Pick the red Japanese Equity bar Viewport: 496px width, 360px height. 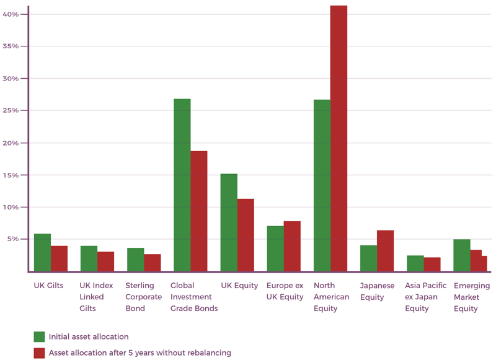click(385, 250)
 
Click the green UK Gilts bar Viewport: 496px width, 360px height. click(42, 252)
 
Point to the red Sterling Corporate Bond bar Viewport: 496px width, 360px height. click(153, 262)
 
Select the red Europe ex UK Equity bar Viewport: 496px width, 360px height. click(292, 246)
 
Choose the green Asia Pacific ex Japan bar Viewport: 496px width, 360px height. click(415, 263)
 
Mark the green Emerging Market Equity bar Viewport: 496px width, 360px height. click(461, 255)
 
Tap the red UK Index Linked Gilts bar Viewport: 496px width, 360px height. click(105, 261)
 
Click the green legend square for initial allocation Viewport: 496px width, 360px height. click(39, 337)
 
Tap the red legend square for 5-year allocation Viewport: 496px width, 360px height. click(39, 353)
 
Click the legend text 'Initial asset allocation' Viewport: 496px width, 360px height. click(89, 337)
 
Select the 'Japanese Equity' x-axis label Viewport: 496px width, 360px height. click(377, 291)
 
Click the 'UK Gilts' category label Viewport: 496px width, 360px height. click(48, 286)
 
